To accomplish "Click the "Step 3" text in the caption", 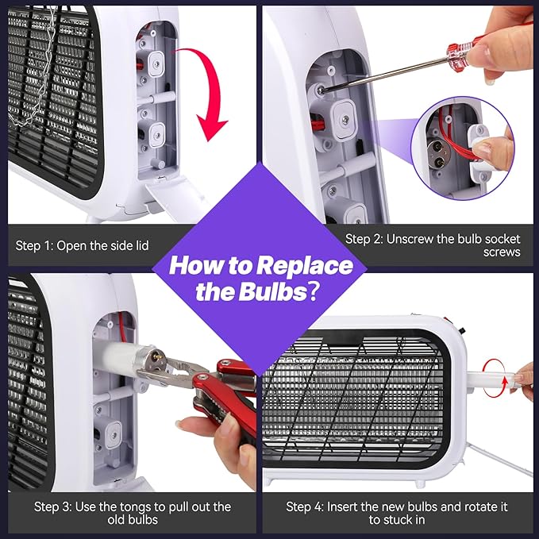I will point(53,506).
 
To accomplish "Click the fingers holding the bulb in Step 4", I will point(525,373).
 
